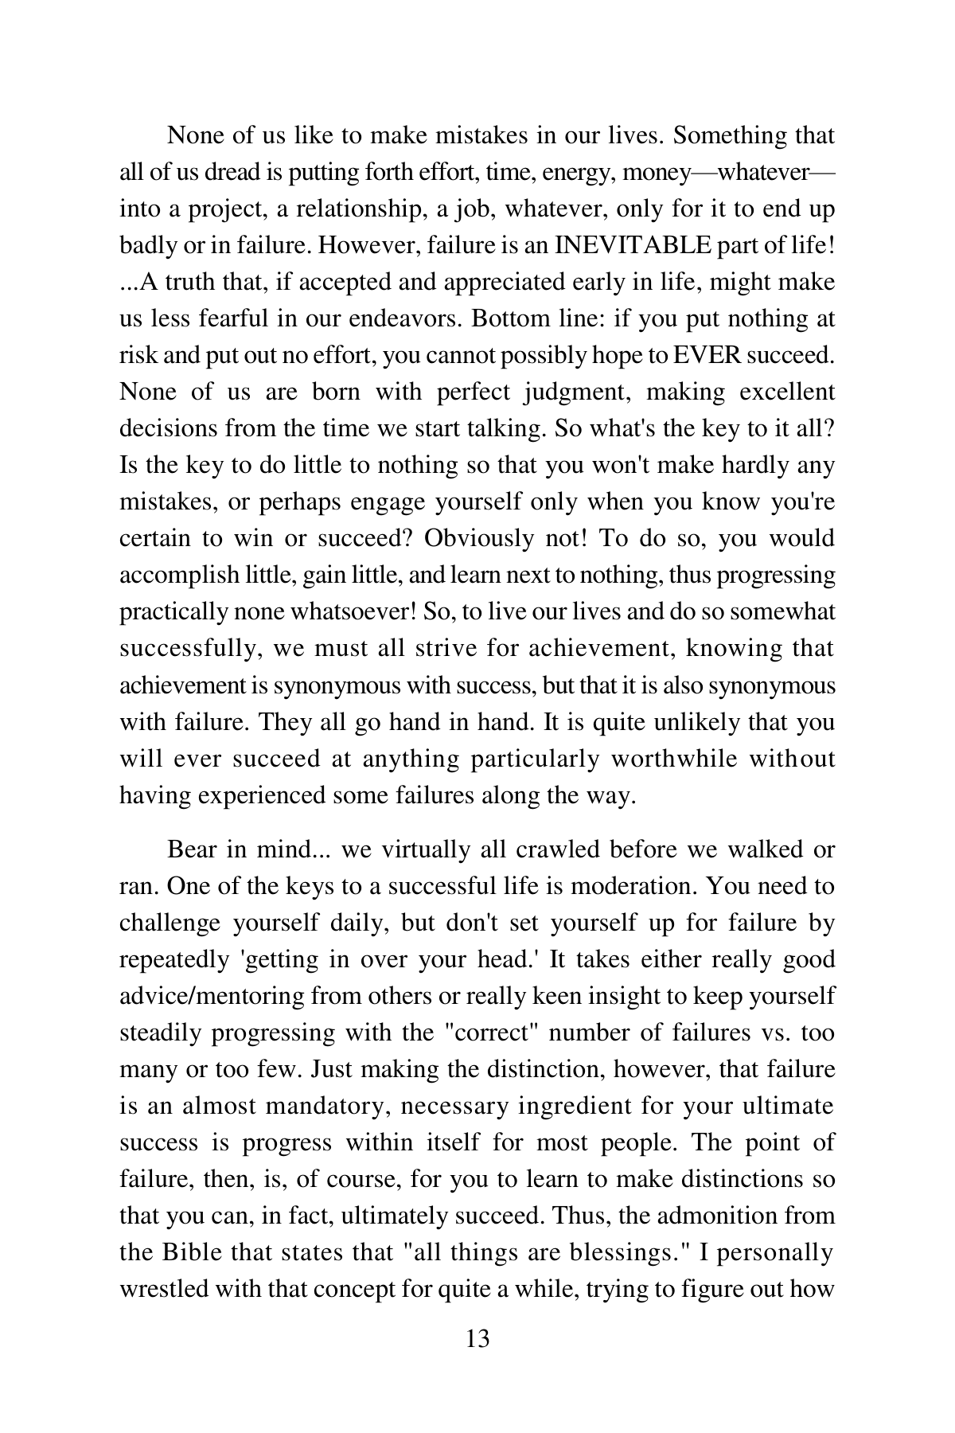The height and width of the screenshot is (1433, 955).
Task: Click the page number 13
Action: point(477,1338)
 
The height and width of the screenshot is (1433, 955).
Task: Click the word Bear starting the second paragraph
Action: point(193,849)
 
